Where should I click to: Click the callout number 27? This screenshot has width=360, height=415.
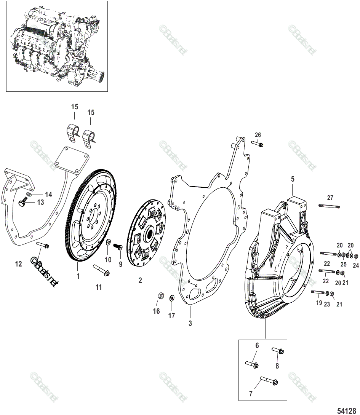coord(330,197)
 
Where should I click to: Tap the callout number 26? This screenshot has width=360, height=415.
coord(258,135)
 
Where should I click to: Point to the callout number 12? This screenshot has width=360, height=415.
coord(19,263)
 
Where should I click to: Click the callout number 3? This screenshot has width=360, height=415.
coord(190,324)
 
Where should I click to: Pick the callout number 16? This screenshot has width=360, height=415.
coord(156,311)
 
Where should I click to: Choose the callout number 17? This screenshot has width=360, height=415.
coord(172,316)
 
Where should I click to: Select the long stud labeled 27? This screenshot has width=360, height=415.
coord(329,206)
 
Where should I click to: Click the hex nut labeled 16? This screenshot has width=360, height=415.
coord(160,295)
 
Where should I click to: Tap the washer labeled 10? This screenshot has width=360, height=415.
coord(108,242)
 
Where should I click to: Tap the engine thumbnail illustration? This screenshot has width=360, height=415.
coord(57,46)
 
